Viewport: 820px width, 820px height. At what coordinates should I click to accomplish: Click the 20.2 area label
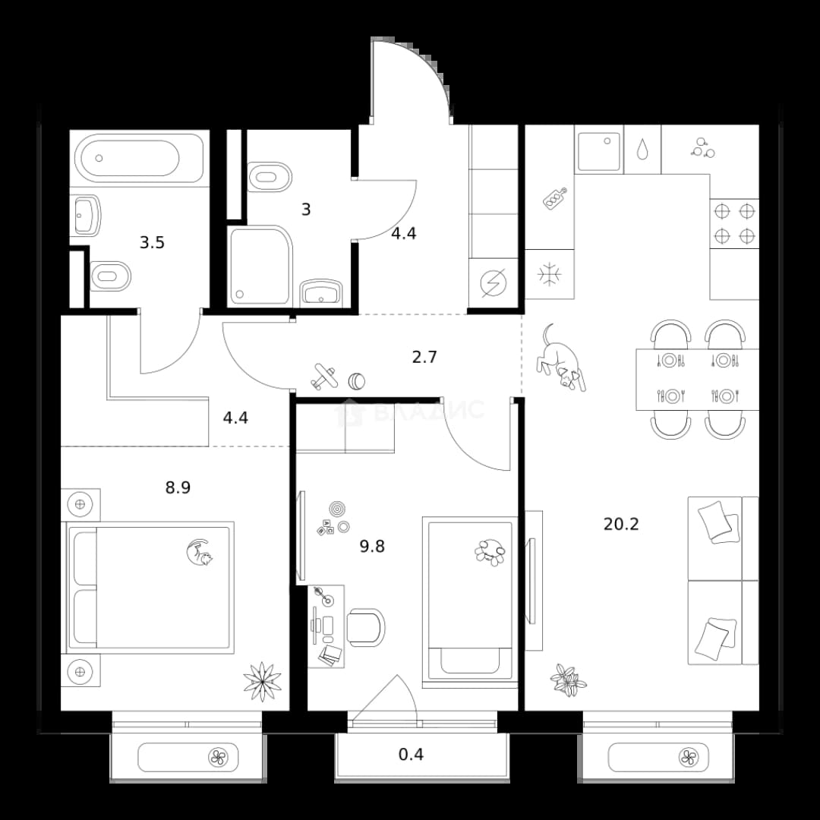pyautogui.click(x=621, y=523)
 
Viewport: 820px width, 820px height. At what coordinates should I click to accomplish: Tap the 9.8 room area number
pyautogui.click(x=372, y=547)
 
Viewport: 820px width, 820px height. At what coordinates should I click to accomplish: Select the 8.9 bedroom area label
pyautogui.click(x=178, y=488)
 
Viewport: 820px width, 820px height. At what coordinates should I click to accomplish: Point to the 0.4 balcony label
pyautogui.click(x=411, y=754)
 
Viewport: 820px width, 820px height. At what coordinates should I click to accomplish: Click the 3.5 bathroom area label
pyautogui.click(x=152, y=243)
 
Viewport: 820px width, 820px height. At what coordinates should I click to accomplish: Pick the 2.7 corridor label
pyautogui.click(x=424, y=357)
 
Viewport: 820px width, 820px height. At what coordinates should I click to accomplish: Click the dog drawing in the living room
pyautogui.click(x=560, y=358)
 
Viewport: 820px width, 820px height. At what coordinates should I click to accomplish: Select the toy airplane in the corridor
pyautogui.click(x=324, y=377)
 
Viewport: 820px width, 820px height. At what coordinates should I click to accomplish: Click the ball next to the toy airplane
pyautogui.click(x=357, y=380)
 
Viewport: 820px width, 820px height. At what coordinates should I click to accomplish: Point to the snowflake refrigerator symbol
pyautogui.click(x=550, y=275)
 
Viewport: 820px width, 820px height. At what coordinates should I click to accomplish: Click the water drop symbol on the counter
pyautogui.click(x=642, y=149)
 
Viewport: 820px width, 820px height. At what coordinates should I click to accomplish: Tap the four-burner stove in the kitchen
pyautogui.click(x=734, y=223)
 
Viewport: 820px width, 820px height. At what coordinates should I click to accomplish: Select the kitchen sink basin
pyautogui.click(x=599, y=150)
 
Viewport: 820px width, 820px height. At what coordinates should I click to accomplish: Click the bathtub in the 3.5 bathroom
pyautogui.click(x=139, y=158)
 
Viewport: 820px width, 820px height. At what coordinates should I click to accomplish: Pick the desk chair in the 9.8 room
pyautogui.click(x=366, y=627)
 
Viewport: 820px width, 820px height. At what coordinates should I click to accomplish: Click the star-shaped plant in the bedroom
pyautogui.click(x=263, y=681)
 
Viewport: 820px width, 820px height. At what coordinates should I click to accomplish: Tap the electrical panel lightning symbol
pyautogui.click(x=494, y=283)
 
